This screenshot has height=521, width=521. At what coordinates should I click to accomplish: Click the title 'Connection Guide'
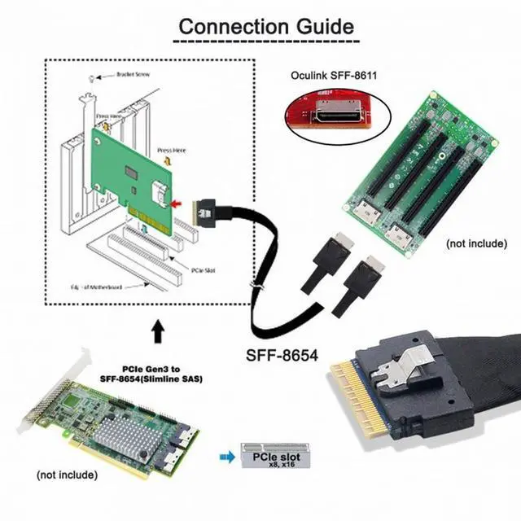tap(266, 26)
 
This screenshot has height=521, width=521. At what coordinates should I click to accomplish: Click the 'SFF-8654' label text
tap(282, 355)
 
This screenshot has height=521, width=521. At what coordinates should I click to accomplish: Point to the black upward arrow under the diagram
tap(156, 330)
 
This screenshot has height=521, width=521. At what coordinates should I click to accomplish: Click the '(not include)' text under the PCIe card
tap(67, 474)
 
